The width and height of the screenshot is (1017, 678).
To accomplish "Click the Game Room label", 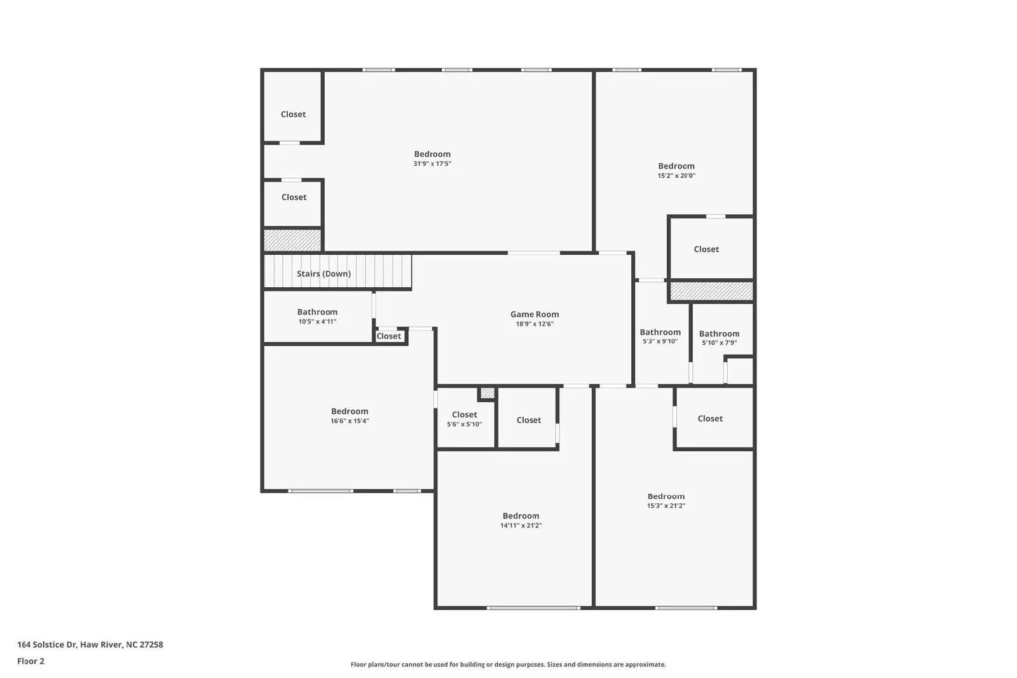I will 535,314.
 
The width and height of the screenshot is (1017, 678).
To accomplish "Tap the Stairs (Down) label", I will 324,274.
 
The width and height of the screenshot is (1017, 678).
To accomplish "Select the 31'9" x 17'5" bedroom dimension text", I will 432,164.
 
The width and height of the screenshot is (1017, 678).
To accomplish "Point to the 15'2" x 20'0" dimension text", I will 676,176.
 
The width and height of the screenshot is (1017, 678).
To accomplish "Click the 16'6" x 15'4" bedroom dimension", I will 350,421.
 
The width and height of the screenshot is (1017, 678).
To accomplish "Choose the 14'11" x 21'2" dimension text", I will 521,525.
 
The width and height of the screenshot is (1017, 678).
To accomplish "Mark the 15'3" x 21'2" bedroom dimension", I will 666,506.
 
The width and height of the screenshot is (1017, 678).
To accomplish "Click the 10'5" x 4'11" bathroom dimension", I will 317,322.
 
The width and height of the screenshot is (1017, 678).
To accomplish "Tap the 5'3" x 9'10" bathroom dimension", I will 660,341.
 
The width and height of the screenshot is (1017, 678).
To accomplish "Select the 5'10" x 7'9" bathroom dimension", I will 719,342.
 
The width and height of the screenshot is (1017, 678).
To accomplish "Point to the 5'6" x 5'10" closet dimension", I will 464,424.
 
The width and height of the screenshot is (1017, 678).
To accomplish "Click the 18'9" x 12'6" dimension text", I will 535,324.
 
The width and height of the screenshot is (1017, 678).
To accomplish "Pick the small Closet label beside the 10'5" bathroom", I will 389,336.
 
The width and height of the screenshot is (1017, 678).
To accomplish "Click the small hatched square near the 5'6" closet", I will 487,393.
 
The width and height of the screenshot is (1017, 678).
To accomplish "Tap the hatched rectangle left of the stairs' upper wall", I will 292,240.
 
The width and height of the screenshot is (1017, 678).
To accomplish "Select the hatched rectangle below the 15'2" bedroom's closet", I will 712,291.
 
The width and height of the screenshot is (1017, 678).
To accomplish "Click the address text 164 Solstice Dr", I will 90,644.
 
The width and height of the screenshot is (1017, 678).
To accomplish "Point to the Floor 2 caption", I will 31,661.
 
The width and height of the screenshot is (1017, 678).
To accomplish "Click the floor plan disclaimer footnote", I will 508,665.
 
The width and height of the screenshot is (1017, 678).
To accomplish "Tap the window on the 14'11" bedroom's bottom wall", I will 533,608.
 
